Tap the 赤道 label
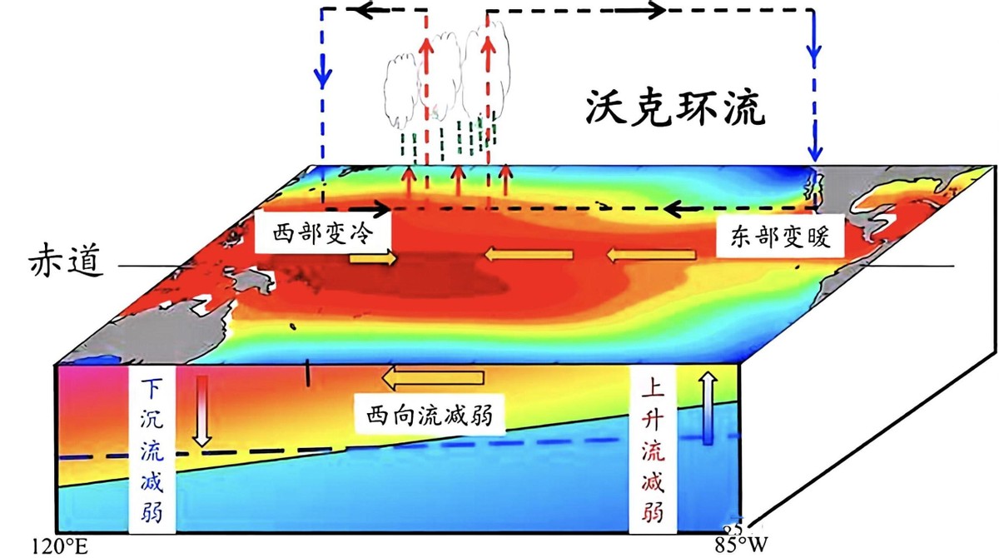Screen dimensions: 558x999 point(63,264)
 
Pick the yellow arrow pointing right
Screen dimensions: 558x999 point(373,259)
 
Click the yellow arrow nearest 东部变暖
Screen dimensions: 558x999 point(653,254)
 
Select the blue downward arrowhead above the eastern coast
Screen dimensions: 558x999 point(815,150)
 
